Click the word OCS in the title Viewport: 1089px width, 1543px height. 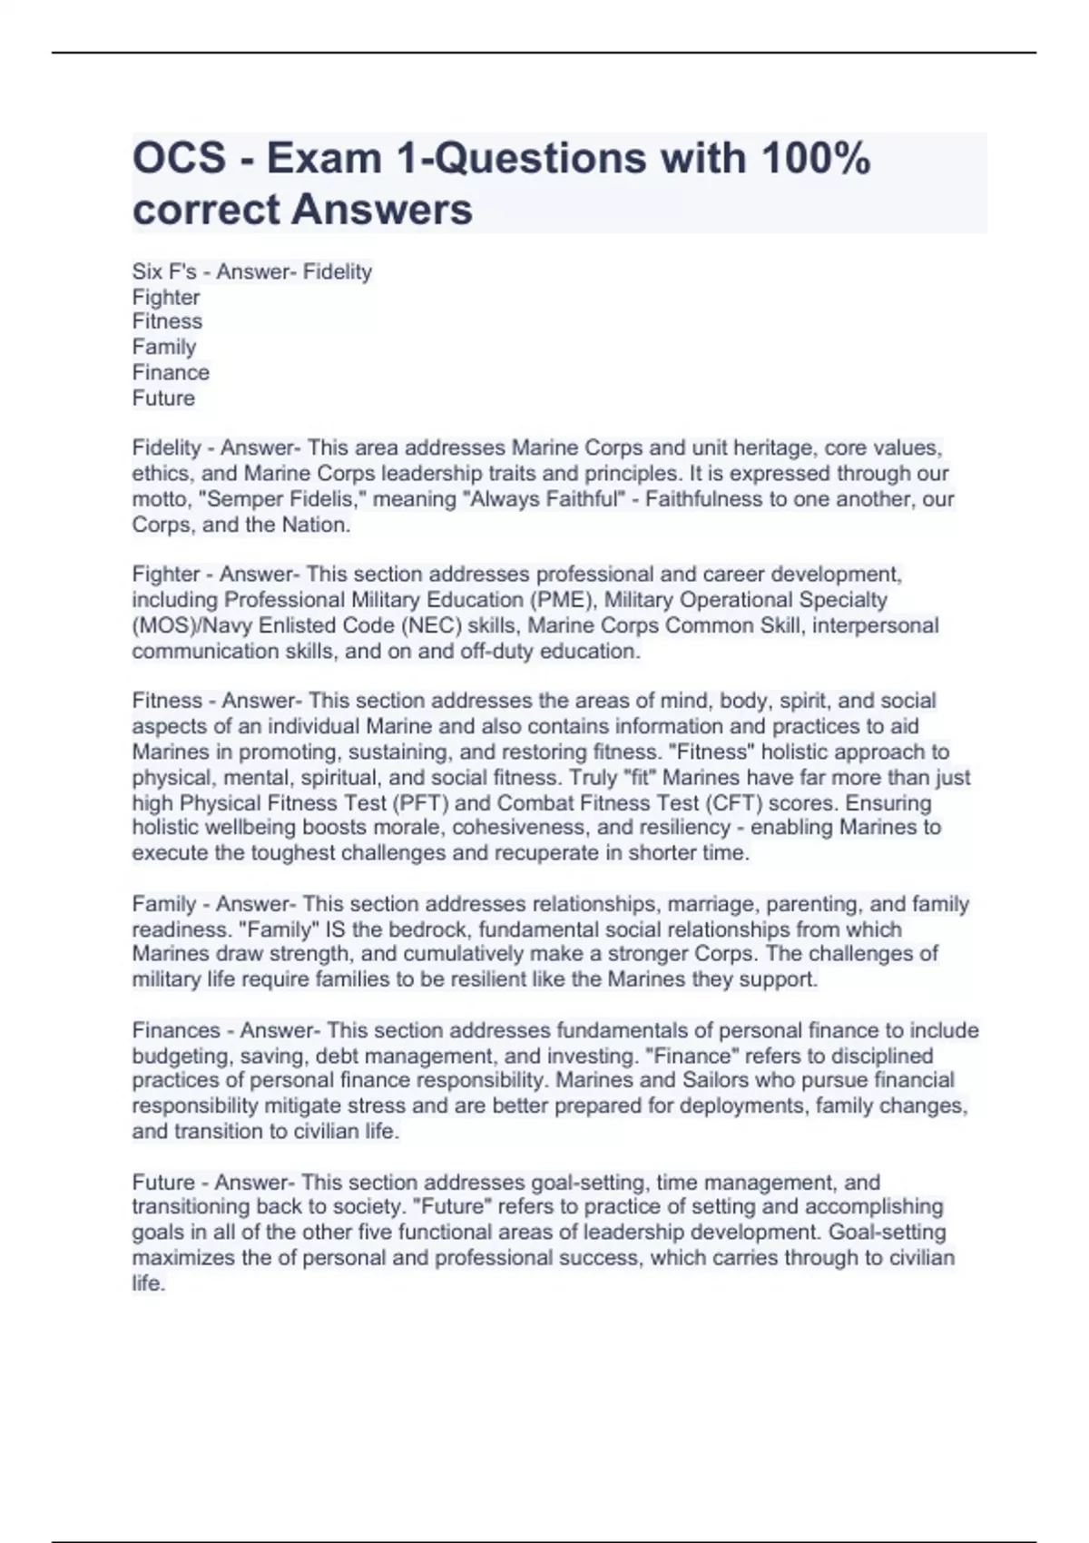point(180,158)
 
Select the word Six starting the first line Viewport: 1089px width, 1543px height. point(146,271)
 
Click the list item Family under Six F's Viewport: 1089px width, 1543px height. point(164,347)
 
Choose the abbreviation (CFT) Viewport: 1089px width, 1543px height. point(725,803)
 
